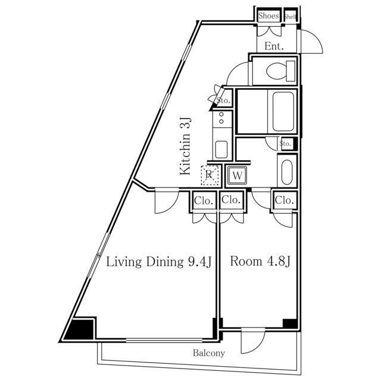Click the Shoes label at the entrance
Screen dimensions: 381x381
(268, 16)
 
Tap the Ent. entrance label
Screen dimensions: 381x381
(274, 46)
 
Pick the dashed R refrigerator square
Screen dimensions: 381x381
(210, 175)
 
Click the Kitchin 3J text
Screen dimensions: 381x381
(186, 146)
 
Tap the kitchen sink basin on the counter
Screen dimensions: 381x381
(221, 149)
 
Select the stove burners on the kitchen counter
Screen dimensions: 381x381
(221, 118)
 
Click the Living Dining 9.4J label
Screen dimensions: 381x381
(159, 261)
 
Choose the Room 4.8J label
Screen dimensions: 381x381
(260, 261)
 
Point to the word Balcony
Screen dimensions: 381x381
(209, 354)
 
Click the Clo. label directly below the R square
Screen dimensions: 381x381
(204, 201)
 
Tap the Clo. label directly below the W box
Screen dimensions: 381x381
(232, 201)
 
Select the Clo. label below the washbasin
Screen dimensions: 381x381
(284, 201)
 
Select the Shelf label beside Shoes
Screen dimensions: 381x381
(290, 16)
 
